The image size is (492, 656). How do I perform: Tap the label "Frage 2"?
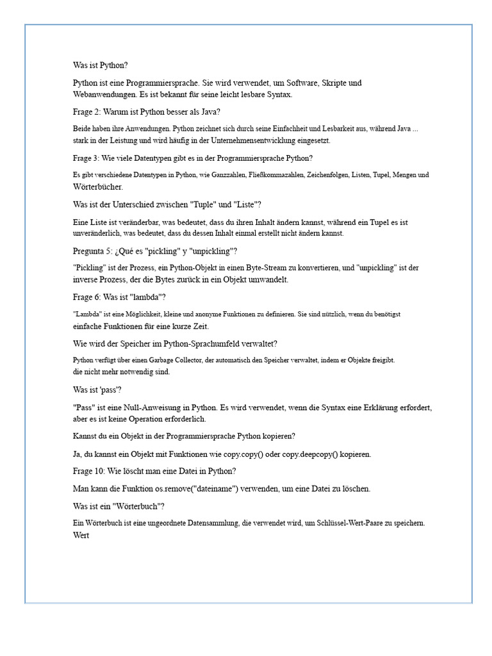[x=87, y=111]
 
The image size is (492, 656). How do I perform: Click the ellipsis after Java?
[x=415, y=129]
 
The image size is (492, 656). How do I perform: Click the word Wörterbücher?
[x=98, y=187]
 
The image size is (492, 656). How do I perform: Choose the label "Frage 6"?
[x=87, y=297]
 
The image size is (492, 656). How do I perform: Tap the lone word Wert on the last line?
[x=81, y=536]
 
